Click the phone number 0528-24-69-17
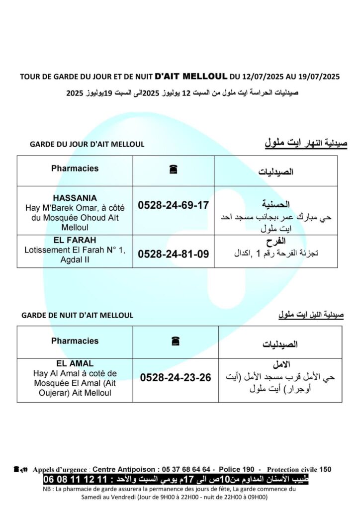(173, 205)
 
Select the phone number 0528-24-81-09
(173, 254)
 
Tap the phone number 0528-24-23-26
(176, 378)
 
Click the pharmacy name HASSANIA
(75, 198)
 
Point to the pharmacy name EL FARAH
(75, 241)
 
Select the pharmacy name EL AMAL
(75, 364)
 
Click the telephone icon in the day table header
(174, 170)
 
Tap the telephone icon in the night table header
(175, 341)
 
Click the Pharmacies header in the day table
(75, 169)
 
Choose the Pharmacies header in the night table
(75, 341)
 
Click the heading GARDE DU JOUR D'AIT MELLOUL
(87, 144)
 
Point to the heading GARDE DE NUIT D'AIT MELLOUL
(77, 315)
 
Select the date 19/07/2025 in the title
(319, 77)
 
